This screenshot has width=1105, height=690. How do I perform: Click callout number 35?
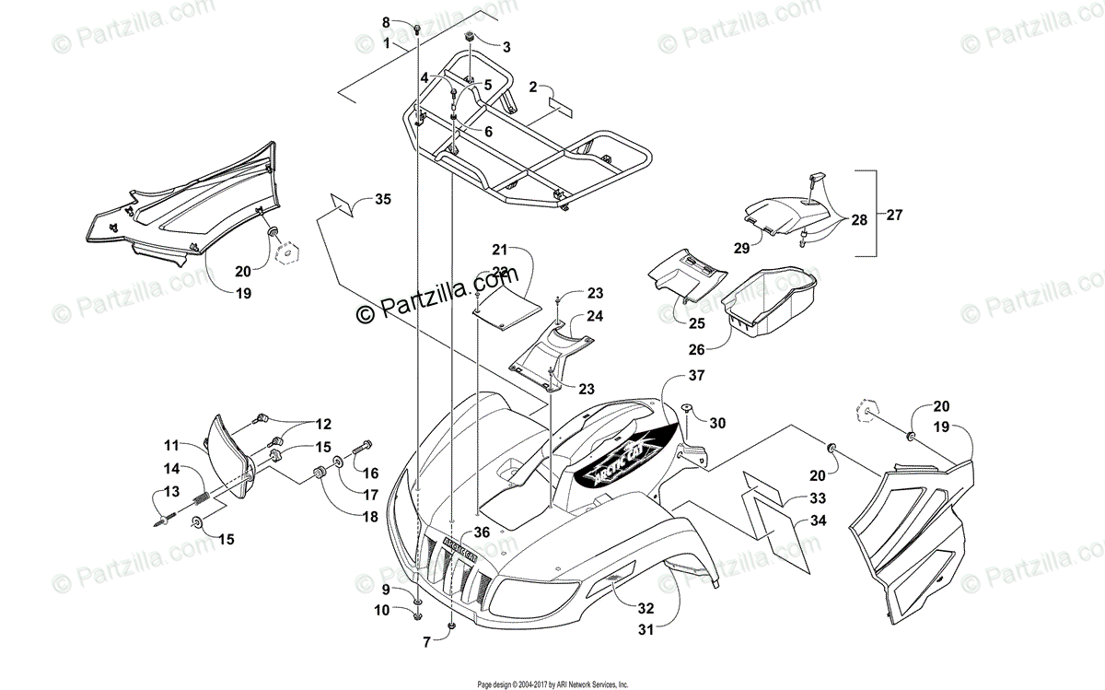tap(383, 198)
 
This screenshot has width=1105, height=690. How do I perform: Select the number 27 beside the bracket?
tap(894, 215)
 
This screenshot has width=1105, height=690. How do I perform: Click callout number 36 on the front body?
tap(482, 531)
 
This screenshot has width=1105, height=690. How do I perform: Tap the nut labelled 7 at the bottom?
tap(453, 626)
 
